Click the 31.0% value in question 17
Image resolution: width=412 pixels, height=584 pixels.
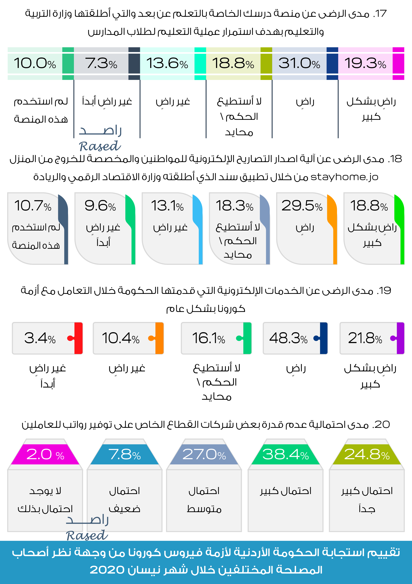pos(299,63)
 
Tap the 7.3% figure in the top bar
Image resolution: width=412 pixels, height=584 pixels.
pos(101,63)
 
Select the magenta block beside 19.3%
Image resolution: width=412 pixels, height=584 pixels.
pos(398,63)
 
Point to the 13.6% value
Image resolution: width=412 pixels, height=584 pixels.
pos(167,63)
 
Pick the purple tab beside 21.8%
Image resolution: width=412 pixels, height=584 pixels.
pos(400,338)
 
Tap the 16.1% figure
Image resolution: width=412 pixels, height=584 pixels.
pos(208,338)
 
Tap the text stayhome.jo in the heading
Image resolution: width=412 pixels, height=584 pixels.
pos(344,177)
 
